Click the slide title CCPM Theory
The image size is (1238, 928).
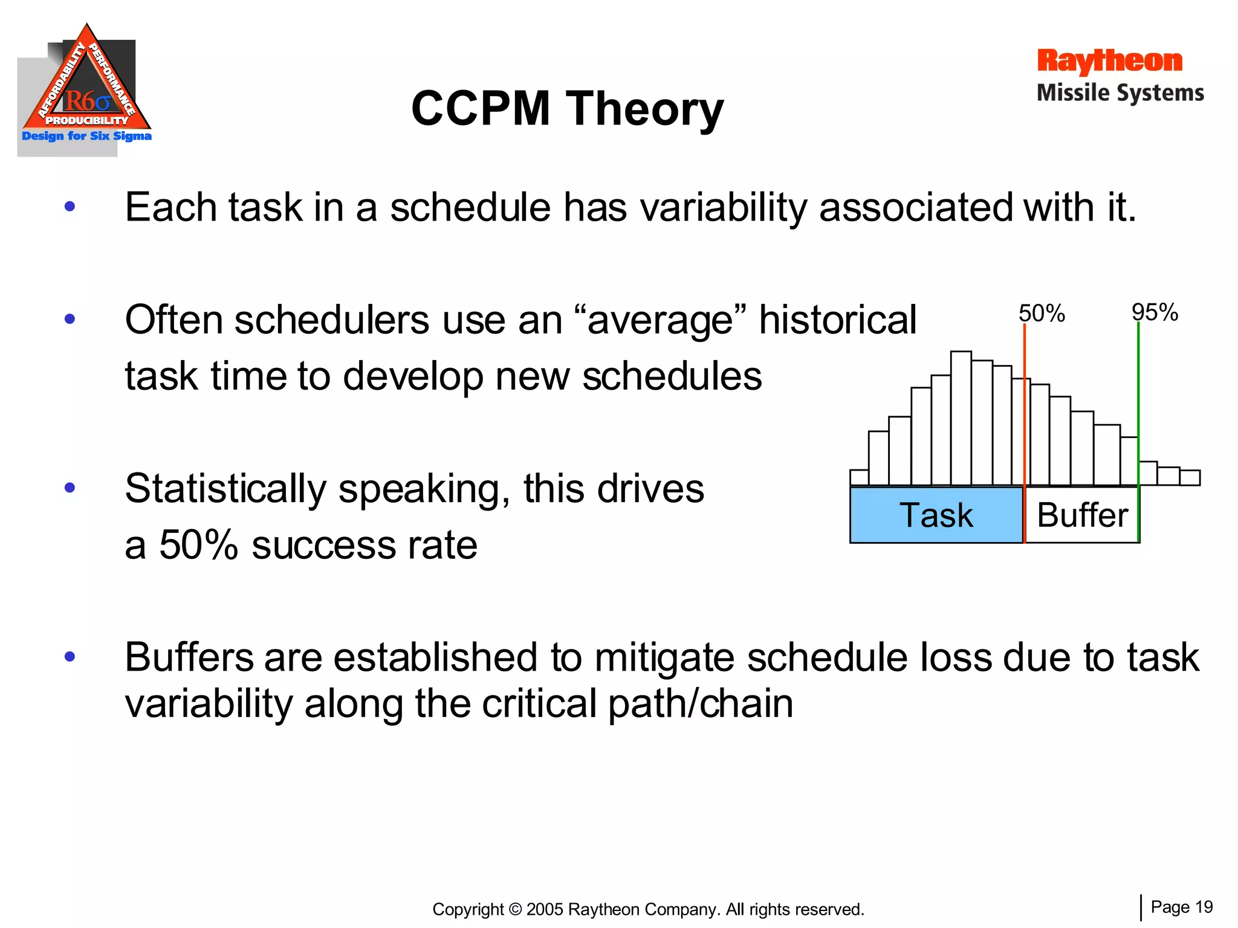pyautogui.click(x=567, y=109)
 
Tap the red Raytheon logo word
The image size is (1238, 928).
pyautogui.click(x=1109, y=61)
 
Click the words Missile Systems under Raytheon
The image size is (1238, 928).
pyautogui.click(x=1120, y=93)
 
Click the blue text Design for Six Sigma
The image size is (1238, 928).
pyautogui.click(x=86, y=136)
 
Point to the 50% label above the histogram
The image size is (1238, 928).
pyautogui.click(x=1041, y=313)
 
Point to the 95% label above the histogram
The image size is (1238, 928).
pyautogui.click(x=1155, y=312)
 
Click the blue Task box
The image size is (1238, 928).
pyautogui.click(x=936, y=515)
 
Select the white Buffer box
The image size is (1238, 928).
pyautogui.click(x=1082, y=515)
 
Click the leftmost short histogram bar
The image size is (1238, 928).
pyautogui.click(x=859, y=477)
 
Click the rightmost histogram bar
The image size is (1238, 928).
pyautogui.click(x=1190, y=478)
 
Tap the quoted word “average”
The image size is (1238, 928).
pyautogui.click(x=660, y=320)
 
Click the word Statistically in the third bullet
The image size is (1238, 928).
pyautogui.click(x=225, y=488)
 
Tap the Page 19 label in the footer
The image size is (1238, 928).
pyautogui.click(x=1181, y=907)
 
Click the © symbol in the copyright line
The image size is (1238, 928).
pyautogui.click(x=515, y=909)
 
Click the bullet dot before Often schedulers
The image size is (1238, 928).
pyautogui.click(x=70, y=318)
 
